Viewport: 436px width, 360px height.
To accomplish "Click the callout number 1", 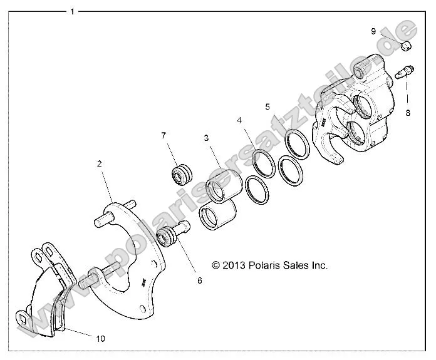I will (x=73, y=11).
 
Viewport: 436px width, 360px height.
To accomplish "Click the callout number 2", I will (x=99, y=163).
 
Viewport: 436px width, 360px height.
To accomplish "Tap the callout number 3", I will (x=205, y=138).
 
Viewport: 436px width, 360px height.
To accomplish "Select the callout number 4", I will (x=239, y=120).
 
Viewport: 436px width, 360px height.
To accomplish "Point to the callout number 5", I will (x=267, y=107).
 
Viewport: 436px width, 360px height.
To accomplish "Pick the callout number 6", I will (x=200, y=280).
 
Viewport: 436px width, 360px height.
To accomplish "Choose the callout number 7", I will (x=163, y=135).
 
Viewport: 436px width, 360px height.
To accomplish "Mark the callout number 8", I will (x=408, y=113).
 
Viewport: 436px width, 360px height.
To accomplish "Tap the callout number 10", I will (x=100, y=338).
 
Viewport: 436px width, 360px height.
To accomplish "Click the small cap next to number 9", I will (x=405, y=44).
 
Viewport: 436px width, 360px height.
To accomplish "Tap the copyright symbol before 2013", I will (x=217, y=265).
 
